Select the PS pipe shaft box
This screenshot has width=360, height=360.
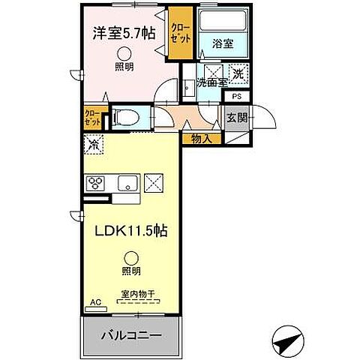pyautogui.click(x=236, y=97)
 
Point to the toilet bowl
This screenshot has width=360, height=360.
pyautogui.click(x=129, y=116)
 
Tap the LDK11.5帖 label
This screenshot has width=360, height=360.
pyautogui.click(x=130, y=232)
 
